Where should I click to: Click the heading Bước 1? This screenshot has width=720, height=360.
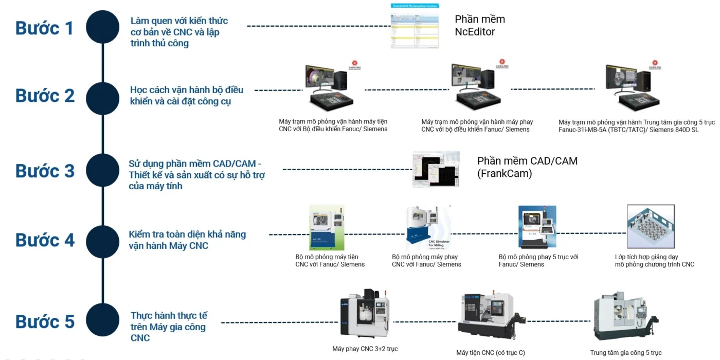44,28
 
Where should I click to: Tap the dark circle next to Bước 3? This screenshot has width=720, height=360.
103,170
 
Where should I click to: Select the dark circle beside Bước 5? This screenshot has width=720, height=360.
103,320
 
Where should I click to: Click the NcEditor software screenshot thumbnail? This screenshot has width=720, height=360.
415,26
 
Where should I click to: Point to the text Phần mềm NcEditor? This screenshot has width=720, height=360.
479,25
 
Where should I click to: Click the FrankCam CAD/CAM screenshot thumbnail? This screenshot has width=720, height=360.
436,169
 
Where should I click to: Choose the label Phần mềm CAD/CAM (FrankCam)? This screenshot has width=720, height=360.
527,167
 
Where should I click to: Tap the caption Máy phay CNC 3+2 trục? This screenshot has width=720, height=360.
365,349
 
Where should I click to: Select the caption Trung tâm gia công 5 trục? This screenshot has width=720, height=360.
626,353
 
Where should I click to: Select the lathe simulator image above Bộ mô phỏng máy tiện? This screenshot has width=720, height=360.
327,227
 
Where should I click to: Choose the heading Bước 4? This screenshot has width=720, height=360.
45,240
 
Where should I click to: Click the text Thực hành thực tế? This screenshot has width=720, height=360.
169,315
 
